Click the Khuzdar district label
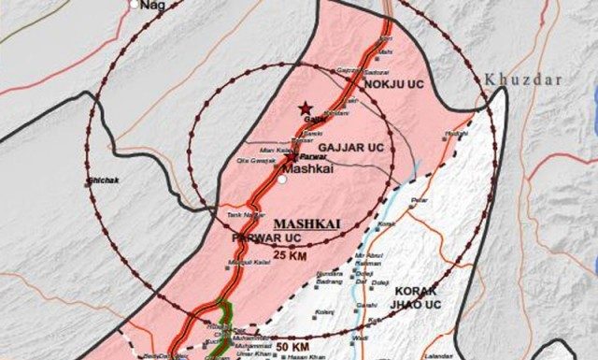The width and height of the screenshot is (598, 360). (x=516, y=81)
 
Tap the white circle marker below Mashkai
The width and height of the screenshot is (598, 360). (x=282, y=181)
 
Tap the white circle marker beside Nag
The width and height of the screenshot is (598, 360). (x=135, y=5)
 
